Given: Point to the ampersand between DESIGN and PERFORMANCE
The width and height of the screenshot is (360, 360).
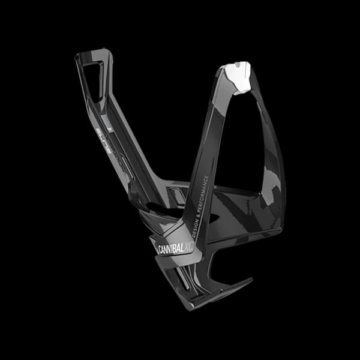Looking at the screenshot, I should pos(197,210).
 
